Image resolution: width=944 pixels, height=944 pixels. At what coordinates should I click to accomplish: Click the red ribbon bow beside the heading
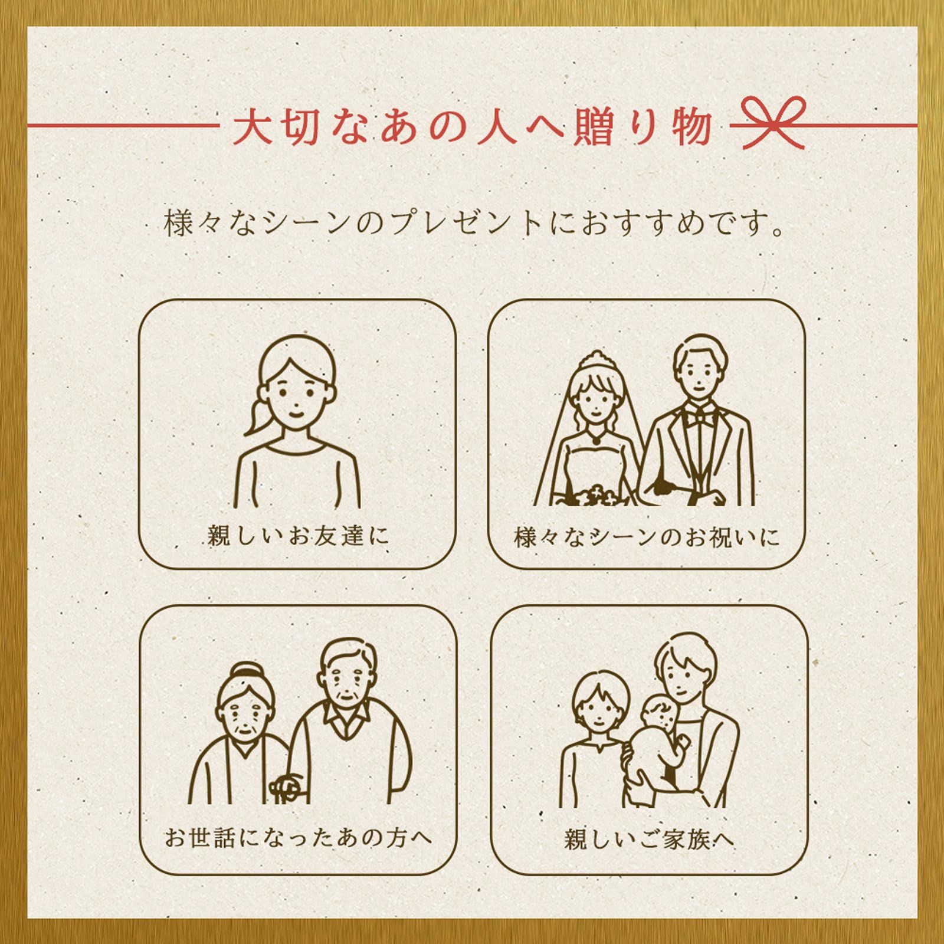(773, 123)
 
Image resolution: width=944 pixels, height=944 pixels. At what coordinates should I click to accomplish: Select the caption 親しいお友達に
(298, 536)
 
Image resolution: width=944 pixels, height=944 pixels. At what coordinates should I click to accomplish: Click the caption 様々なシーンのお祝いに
(647, 537)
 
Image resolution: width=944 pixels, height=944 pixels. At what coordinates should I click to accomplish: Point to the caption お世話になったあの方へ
(298, 837)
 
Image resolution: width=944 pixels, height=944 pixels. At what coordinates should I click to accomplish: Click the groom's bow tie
(700, 418)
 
